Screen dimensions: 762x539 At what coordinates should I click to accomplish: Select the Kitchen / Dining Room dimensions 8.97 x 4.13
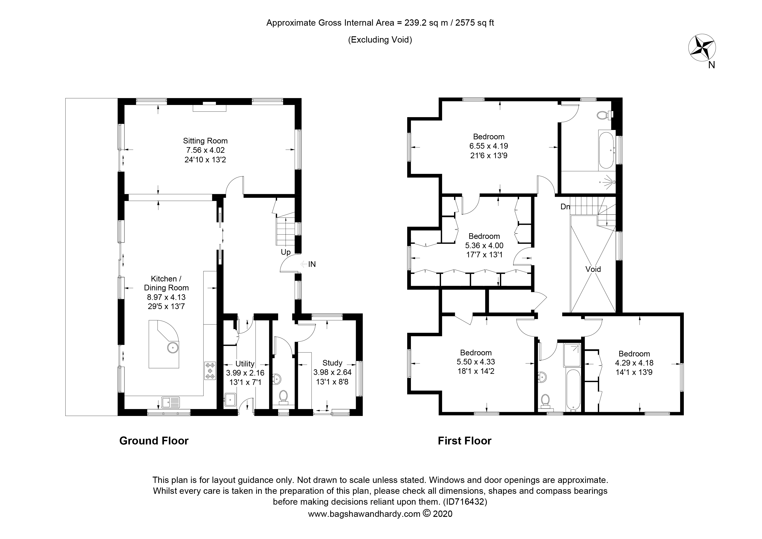(x=166, y=297)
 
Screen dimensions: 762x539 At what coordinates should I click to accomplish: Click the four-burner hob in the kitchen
(x=210, y=371)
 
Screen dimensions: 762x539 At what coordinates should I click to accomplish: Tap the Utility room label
(x=245, y=364)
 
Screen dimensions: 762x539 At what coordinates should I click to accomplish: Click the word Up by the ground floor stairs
(x=286, y=252)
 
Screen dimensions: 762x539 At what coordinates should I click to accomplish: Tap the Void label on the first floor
(x=593, y=269)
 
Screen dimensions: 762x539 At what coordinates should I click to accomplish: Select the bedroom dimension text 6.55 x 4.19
(x=489, y=146)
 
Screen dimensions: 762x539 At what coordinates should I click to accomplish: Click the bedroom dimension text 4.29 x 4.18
(x=634, y=363)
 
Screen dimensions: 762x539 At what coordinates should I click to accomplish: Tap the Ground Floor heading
(x=154, y=441)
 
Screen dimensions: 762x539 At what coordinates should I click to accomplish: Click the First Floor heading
(x=465, y=441)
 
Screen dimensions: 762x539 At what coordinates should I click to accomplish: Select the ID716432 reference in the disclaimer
(x=465, y=501)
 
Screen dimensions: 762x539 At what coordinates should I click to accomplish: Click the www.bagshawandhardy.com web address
(x=364, y=514)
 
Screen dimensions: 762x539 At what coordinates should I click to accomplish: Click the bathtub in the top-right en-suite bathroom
(x=607, y=150)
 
